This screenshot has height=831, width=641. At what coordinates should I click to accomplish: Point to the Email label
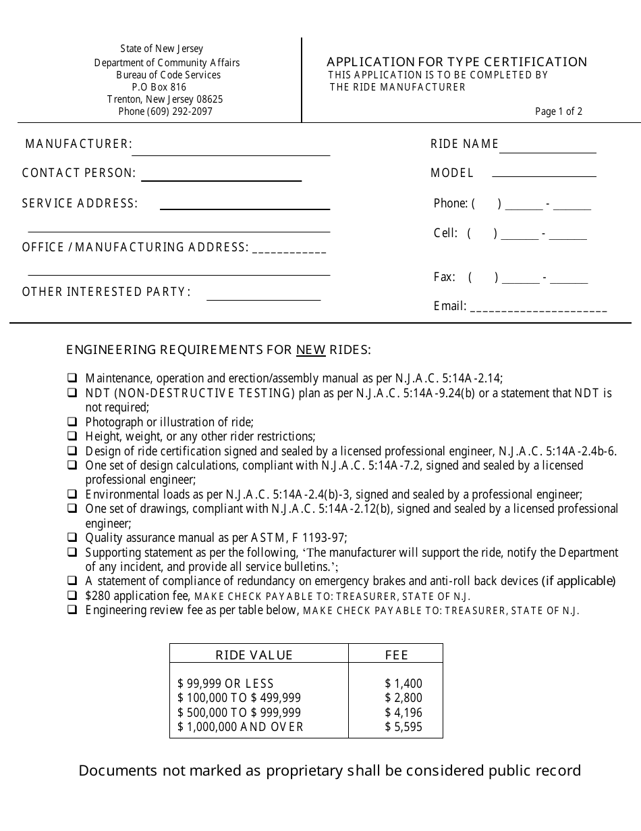tap(449, 306)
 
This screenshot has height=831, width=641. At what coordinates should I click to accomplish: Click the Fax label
tap(444, 277)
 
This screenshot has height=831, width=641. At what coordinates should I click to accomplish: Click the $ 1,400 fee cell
tap(403, 684)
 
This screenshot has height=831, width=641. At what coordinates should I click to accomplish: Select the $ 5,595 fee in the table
tap(403, 727)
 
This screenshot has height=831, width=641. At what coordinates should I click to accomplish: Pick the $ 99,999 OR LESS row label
tap(225, 684)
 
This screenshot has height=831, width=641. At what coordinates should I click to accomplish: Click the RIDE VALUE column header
tap(254, 655)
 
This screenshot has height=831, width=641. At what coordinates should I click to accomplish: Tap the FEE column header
tap(397, 655)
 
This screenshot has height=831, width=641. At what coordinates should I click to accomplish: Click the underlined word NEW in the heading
tap(311, 350)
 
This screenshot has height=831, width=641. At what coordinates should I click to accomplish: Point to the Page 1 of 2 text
tap(558, 111)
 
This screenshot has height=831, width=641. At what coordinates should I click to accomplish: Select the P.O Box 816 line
tap(159, 87)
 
